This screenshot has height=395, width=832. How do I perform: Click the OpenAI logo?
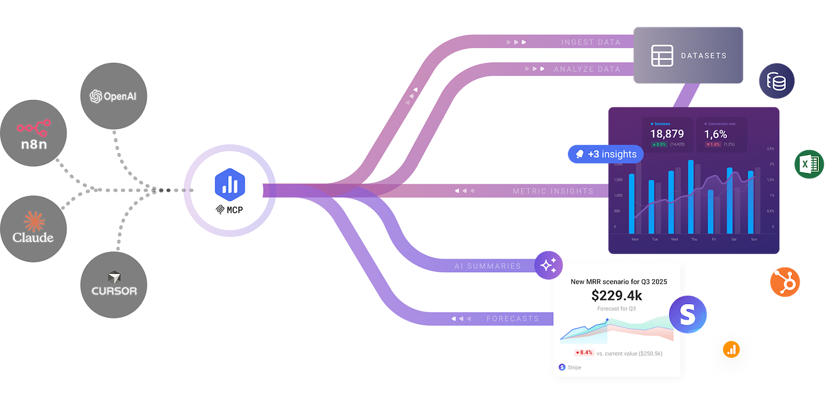pyautogui.click(x=113, y=96)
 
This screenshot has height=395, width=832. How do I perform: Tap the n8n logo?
pyautogui.click(x=33, y=135)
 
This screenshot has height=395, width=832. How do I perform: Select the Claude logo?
pyautogui.click(x=33, y=227)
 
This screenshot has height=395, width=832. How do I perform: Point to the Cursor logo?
pyautogui.click(x=114, y=283)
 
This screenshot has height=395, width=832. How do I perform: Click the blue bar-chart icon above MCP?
pyautogui.click(x=229, y=185)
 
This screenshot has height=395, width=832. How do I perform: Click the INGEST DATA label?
pyautogui.click(x=591, y=42)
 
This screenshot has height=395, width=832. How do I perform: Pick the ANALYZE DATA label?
pyautogui.click(x=587, y=69)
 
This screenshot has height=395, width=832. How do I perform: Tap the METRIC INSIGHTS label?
pyautogui.click(x=553, y=191)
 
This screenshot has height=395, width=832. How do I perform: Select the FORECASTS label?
pyautogui.click(x=513, y=319)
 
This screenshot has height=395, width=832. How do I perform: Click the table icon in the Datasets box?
pyautogui.click(x=663, y=55)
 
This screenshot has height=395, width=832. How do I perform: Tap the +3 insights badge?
pyautogui.click(x=605, y=154)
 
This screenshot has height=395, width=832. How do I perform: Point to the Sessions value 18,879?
pyautogui.click(x=667, y=134)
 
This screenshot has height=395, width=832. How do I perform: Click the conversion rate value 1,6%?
pyautogui.click(x=715, y=134)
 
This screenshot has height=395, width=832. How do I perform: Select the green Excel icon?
pyautogui.click(x=809, y=165)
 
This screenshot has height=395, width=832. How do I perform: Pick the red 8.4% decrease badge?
pyautogui.click(x=584, y=353)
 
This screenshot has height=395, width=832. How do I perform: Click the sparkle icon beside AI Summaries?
pyautogui.click(x=548, y=264)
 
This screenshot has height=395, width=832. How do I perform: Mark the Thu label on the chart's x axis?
pyautogui.click(x=694, y=240)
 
